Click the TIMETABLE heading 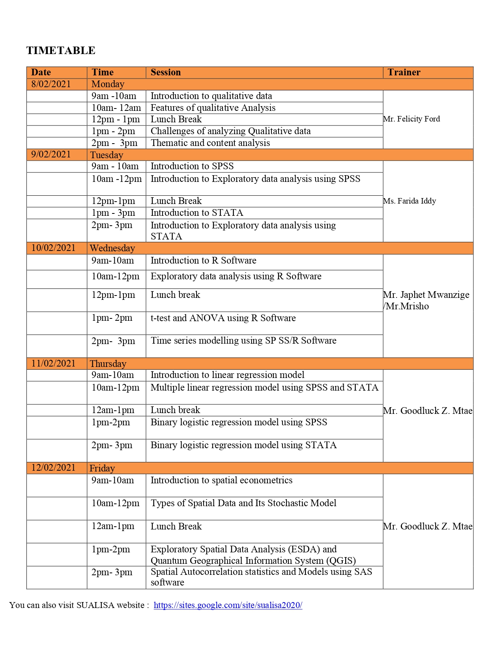click(x=61, y=51)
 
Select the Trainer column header click(x=404, y=72)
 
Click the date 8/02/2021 click(x=51, y=84)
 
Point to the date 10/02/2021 click(x=53, y=248)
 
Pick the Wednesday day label click(x=112, y=248)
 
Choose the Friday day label click(x=102, y=468)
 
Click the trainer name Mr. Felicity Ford click(x=411, y=119)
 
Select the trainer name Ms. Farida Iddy click(x=410, y=201)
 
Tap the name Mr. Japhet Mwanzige click(x=426, y=295)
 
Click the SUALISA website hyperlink click(x=228, y=605)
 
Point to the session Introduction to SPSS click(x=192, y=166)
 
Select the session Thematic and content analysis click(x=210, y=143)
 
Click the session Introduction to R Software click(x=204, y=260)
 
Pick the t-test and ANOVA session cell click(x=223, y=318)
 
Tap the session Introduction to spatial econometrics click(x=222, y=480)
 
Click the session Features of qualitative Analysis click(x=213, y=108)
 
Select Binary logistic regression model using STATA click(x=244, y=445)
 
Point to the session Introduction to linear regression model click(x=228, y=375)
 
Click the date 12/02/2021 click(x=53, y=468)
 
